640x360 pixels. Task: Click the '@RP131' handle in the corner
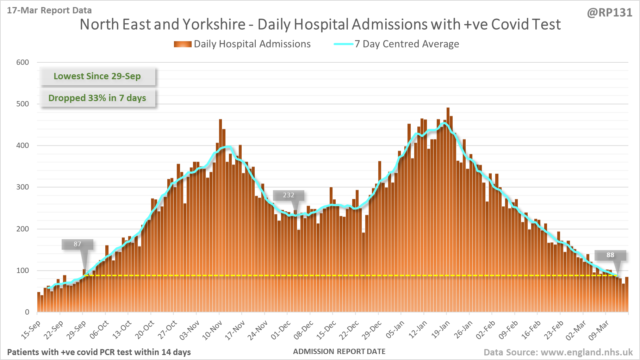(x=609, y=13)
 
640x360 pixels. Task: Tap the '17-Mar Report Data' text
(x=49, y=10)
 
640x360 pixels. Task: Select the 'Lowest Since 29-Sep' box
(x=97, y=76)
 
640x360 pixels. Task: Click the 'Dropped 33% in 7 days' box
(x=97, y=98)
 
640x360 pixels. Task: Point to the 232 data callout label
(x=288, y=195)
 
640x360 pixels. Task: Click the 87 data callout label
(x=77, y=244)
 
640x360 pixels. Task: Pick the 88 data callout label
(x=610, y=255)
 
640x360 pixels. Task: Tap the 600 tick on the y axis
(x=23, y=62)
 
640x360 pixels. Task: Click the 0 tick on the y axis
(x=27, y=312)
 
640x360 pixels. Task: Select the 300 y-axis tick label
(x=23, y=187)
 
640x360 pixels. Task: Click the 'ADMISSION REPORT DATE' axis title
(x=339, y=352)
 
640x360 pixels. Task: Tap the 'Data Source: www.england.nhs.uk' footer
(x=558, y=352)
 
